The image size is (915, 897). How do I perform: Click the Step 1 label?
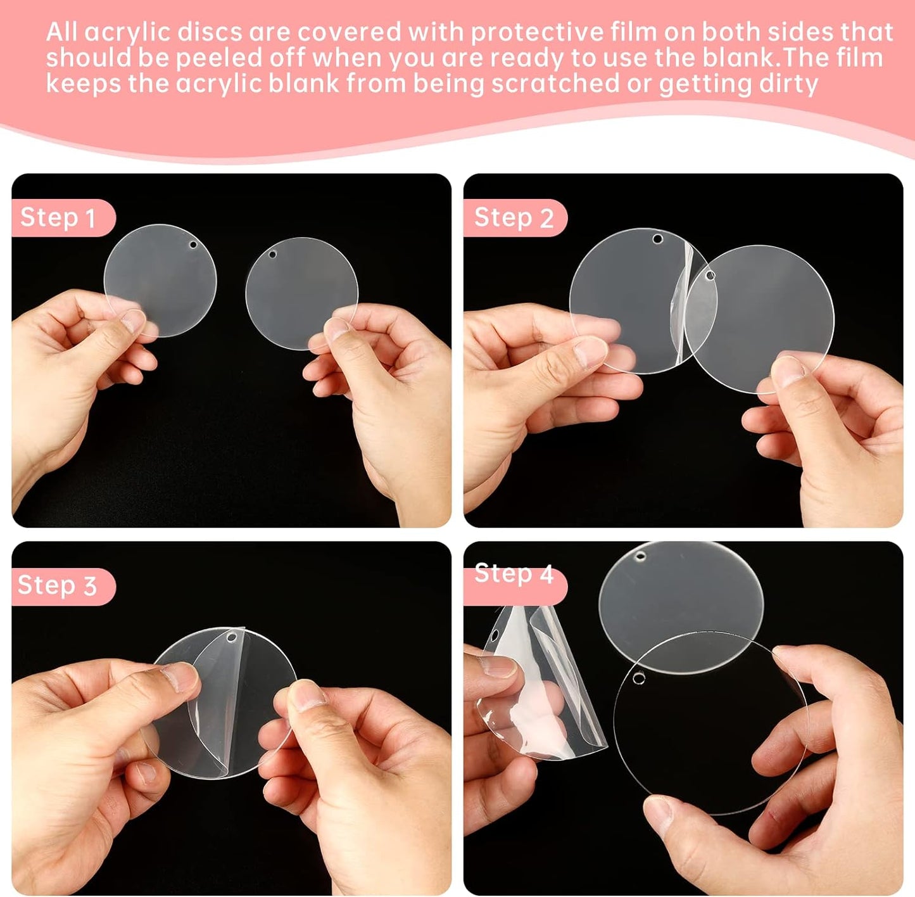58,218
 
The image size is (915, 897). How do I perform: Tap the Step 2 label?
514,218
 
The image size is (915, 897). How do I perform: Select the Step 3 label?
57,586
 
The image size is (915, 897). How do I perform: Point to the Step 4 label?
514,574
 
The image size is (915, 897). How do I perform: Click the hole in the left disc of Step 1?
193,245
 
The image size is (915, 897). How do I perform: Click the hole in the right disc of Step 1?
273,255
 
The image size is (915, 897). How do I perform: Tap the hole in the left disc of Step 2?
658,239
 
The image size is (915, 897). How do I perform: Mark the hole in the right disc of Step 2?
710,276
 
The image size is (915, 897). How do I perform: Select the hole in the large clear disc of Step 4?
639,679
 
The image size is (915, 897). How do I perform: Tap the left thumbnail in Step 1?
134,320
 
